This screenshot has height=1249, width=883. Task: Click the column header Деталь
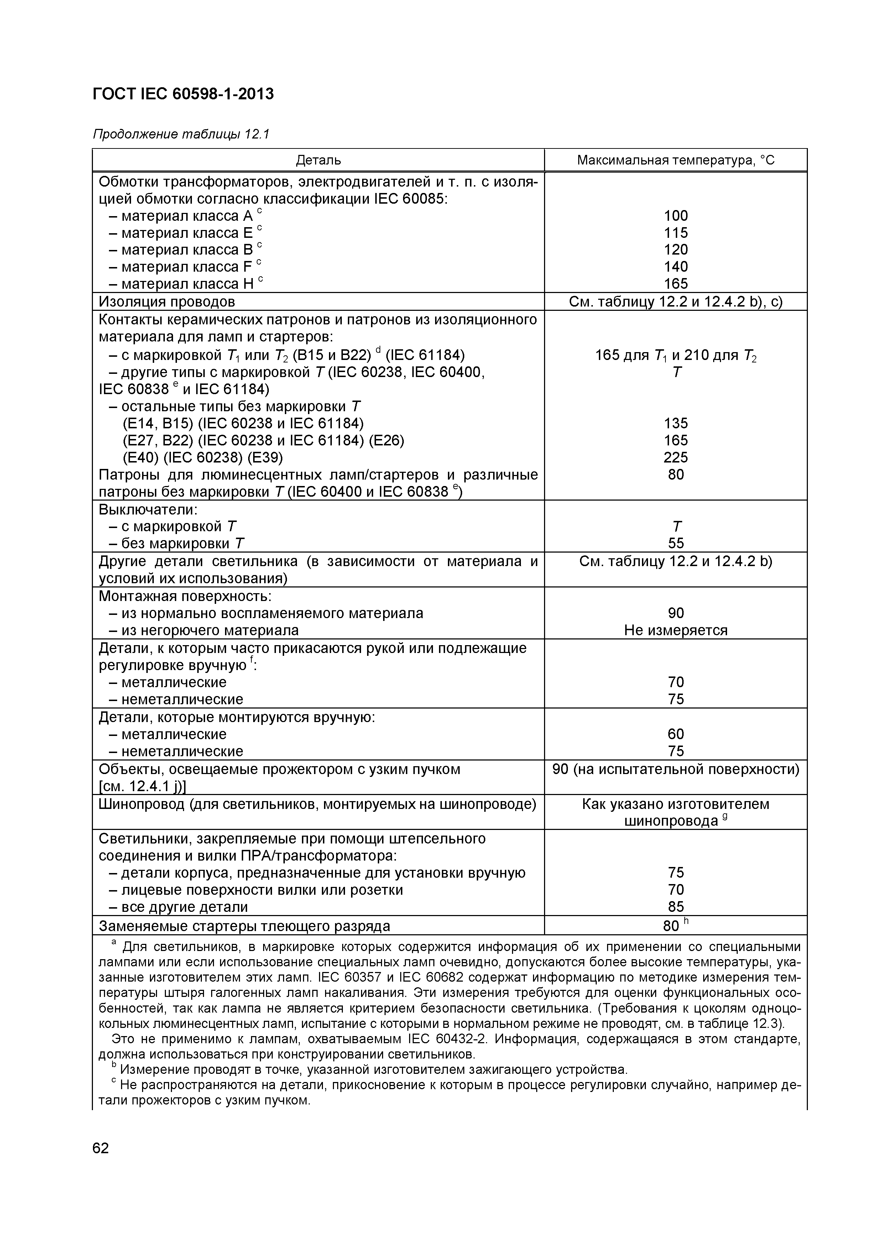pos(318,160)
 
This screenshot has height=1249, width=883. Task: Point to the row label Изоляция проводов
pos(167,301)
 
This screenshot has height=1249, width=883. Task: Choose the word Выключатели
pos(147,510)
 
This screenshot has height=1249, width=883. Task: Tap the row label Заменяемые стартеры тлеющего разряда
pos(244,925)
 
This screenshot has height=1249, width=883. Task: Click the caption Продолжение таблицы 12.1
pos(181,134)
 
